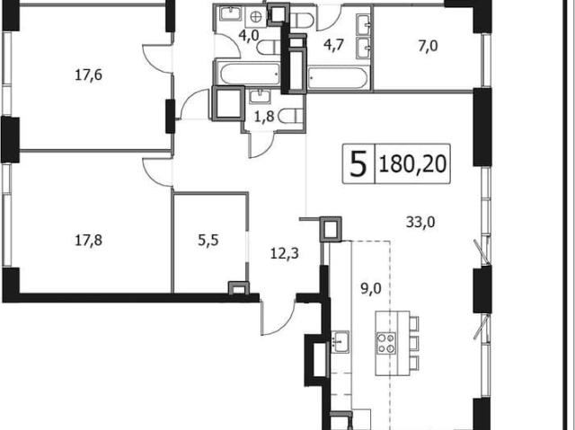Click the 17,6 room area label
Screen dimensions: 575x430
[x=88, y=75]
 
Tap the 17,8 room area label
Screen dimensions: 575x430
[x=88, y=241]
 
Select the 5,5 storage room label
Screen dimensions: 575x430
[x=208, y=241]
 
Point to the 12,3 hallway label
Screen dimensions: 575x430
[x=285, y=253]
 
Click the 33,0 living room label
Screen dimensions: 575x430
[x=420, y=222]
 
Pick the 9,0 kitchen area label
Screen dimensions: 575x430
[x=371, y=288]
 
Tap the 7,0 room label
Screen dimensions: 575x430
[x=428, y=47]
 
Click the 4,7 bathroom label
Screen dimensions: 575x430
[x=333, y=46]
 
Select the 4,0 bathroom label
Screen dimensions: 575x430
[x=249, y=36]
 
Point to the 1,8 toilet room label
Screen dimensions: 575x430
[x=265, y=118]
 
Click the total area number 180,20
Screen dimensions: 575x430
[x=413, y=163]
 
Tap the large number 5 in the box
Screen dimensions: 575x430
[x=358, y=163]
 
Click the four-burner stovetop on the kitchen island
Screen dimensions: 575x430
[x=386, y=343]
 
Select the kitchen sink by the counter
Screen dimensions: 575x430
[x=341, y=341]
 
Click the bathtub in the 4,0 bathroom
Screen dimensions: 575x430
[x=250, y=74]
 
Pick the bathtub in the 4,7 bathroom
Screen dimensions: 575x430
[x=337, y=77]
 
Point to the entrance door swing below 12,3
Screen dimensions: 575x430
[x=278, y=317]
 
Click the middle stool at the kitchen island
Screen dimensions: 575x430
[x=413, y=343]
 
